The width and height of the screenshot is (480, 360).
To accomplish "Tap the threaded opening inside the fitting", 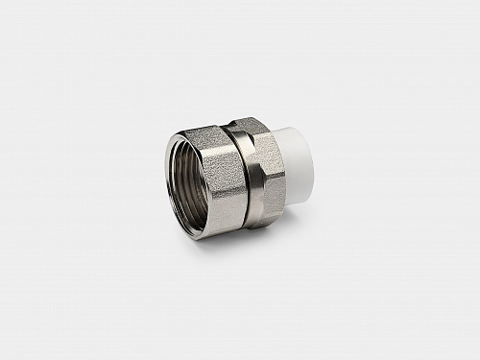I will (188, 191).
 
